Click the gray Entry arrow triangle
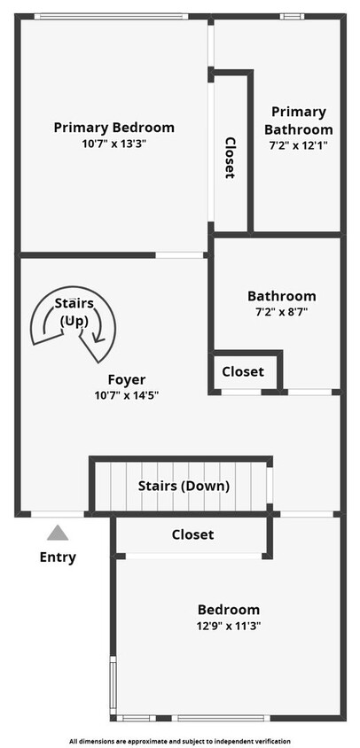58,533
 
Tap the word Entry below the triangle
58,557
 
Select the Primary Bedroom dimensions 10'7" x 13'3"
113,144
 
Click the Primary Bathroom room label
299,121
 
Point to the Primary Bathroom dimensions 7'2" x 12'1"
299,145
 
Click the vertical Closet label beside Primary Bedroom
231,158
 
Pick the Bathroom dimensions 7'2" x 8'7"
282,313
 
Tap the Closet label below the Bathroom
243,371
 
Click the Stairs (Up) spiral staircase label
74,312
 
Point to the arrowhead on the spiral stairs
99,338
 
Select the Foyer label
127,379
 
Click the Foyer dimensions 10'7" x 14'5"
127,395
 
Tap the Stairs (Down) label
184,487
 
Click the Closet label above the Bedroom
193,534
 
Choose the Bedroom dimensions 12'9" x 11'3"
229,625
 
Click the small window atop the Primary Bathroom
293,17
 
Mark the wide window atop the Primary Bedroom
111,17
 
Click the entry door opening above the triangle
58,514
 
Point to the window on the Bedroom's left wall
113,685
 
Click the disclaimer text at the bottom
180,741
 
